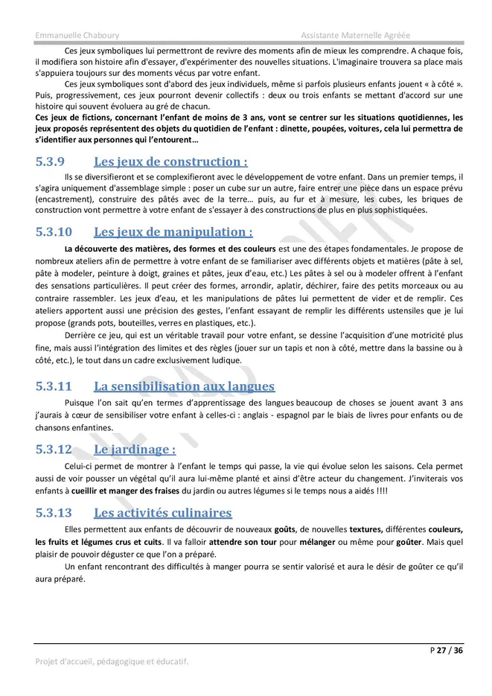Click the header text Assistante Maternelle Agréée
pos(356,35)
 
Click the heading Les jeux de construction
pos(170,162)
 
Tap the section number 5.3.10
pos(54,232)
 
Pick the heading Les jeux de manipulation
pos(173,232)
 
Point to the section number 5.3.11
pos(54,386)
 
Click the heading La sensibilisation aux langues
pos(184,386)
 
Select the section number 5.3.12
pos(54,450)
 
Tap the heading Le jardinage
pos(134,450)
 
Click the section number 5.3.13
pos(54,513)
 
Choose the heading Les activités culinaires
pos(162,513)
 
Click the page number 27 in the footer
pos(442,651)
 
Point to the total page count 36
pos(459,651)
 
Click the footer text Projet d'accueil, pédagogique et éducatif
pos(112,661)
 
